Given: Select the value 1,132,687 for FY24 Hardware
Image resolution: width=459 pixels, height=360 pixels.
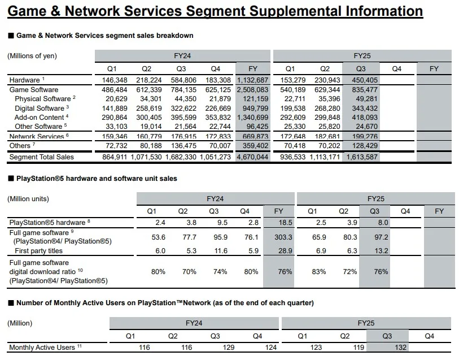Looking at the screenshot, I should tap(252, 80).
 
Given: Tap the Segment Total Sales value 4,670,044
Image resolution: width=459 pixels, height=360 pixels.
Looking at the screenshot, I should tap(252, 157).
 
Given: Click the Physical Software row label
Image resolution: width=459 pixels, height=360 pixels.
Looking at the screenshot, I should tap(42, 99).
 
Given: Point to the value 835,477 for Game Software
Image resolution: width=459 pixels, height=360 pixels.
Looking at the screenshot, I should tap(364, 90).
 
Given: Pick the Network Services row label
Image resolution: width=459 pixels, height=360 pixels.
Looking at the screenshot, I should tap(35, 137).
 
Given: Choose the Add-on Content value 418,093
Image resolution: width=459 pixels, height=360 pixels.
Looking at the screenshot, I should tap(364, 118).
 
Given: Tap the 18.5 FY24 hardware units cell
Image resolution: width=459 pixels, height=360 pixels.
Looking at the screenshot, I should tap(279, 223).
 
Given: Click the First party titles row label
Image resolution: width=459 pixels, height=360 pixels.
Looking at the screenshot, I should tap(39, 250).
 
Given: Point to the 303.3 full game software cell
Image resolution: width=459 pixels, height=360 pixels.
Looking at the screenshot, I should tap(279, 237).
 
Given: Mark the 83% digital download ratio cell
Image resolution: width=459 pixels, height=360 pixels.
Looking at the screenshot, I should tap(319, 271).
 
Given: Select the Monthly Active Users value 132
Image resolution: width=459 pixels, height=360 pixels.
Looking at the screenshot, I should tap(387, 348).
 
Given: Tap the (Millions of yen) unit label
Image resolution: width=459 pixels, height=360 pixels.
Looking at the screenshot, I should tap(32, 56).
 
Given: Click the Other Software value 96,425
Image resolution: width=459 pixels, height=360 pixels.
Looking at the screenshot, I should tap(252, 127).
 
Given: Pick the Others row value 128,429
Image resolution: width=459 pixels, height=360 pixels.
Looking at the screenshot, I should tap(364, 146).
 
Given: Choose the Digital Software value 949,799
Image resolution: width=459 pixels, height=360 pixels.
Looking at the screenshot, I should tap(252, 108).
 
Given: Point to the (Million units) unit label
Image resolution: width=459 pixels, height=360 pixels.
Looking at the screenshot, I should tap(28, 199).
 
